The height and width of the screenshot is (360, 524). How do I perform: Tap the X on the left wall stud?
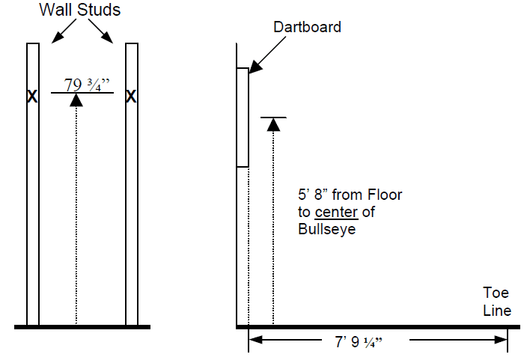(32, 97)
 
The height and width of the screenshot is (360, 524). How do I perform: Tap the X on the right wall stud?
(132, 97)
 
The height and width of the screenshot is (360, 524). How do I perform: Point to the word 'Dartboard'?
(307, 28)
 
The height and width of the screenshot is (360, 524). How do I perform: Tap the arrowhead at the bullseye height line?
(274, 124)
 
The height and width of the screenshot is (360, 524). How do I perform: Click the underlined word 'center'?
(337, 213)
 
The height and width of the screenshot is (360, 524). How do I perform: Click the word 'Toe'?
(496, 294)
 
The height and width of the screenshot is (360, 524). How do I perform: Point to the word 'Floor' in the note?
(385, 195)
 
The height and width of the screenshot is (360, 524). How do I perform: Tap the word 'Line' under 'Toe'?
(497, 311)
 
